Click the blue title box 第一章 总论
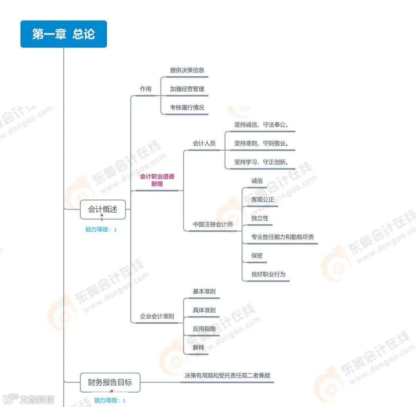tap(63, 34)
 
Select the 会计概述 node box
tap(103, 209)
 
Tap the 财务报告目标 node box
tap(110, 382)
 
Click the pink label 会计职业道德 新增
tap(157, 180)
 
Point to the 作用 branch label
tap(146, 89)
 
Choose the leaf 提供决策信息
tap(187, 70)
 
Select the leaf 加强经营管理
tap(187, 89)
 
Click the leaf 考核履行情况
tap(187, 107)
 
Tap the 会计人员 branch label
tap(204, 143)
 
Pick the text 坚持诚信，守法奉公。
tap(261, 125)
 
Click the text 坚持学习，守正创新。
tap(261, 162)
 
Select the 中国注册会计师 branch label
tap(213, 224)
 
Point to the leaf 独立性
tap(259, 218)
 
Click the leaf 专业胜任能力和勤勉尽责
tap(280, 237)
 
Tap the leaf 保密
tap(257, 255)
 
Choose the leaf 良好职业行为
tap(268, 274)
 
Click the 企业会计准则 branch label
tap(157, 316)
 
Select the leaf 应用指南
tap(204, 329)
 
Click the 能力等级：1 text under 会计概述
tap(101, 230)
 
